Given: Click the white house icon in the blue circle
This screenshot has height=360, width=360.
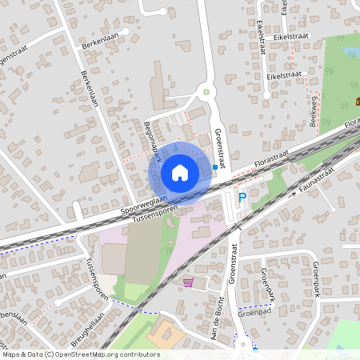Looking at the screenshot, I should tap(180, 172).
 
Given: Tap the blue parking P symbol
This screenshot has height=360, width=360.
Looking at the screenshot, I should tap(242, 197).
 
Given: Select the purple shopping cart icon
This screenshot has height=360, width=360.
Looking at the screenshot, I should tap(188, 282).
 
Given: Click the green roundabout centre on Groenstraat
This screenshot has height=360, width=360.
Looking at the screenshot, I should tap(206, 93).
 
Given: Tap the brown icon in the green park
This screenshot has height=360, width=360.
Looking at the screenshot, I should tap(357, 102).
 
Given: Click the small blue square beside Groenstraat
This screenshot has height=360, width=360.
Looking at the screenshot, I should tap(215, 167).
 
